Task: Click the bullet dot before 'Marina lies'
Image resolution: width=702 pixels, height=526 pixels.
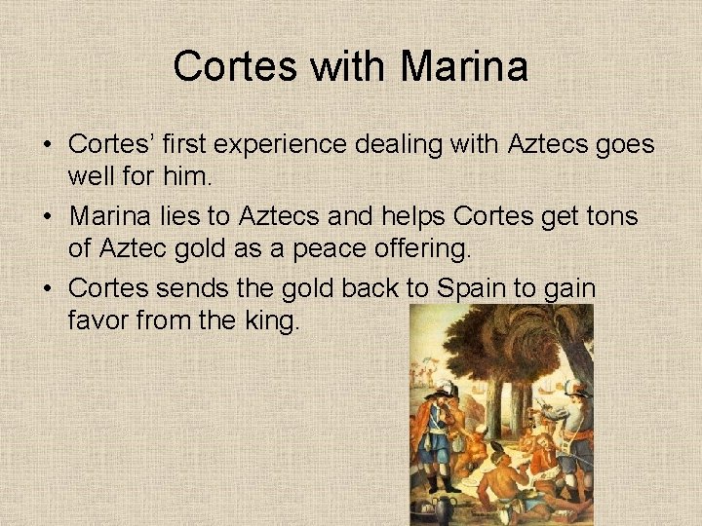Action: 47,214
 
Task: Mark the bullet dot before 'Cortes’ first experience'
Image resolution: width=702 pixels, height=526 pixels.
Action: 47,144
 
